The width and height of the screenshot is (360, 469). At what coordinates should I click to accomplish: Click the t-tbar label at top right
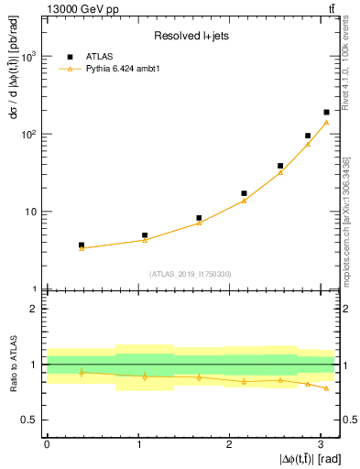point(330,8)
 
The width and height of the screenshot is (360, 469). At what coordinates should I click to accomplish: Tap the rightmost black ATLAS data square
point(326,112)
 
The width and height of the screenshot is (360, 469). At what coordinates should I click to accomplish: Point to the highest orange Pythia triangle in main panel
point(326,122)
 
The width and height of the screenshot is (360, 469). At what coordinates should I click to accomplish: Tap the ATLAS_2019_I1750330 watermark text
point(190,273)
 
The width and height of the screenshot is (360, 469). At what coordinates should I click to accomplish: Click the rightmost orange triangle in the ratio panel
point(326,388)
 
